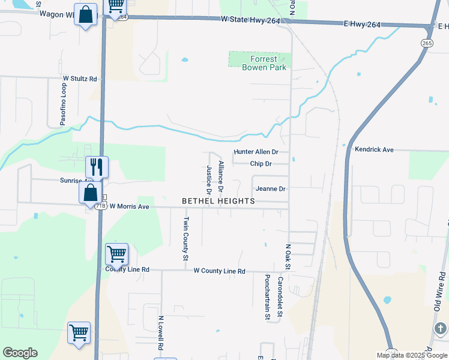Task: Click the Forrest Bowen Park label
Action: pos(260,63)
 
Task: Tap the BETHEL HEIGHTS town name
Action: pos(218,201)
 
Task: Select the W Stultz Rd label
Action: pos(80,79)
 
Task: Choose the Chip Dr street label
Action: pos(261,164)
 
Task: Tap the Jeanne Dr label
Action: pos(270,188)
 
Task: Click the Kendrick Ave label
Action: pos(374,149)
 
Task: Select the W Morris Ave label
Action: pos(128,206)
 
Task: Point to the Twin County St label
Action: pos(185,239)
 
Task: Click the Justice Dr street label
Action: pos(209,181)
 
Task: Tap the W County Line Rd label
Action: pos(219,271)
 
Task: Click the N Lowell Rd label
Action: pos(161,334)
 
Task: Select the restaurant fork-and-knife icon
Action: pos(97,167)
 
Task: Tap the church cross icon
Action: pos(440,329)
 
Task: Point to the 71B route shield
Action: pos(100,206)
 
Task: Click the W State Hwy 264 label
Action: pos(250,20)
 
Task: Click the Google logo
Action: pos(20,353)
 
